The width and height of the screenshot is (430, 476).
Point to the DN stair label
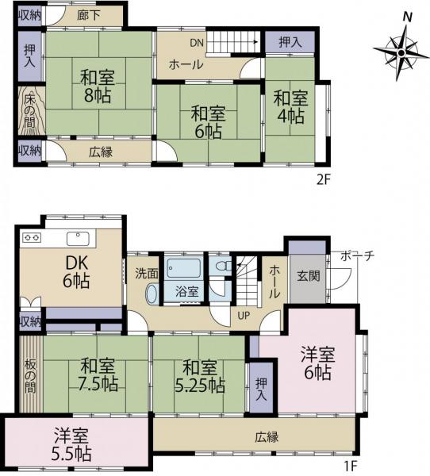[198, 43]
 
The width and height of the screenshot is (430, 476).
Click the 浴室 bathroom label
[187, 292]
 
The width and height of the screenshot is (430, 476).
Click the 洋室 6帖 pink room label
[314, 363]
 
